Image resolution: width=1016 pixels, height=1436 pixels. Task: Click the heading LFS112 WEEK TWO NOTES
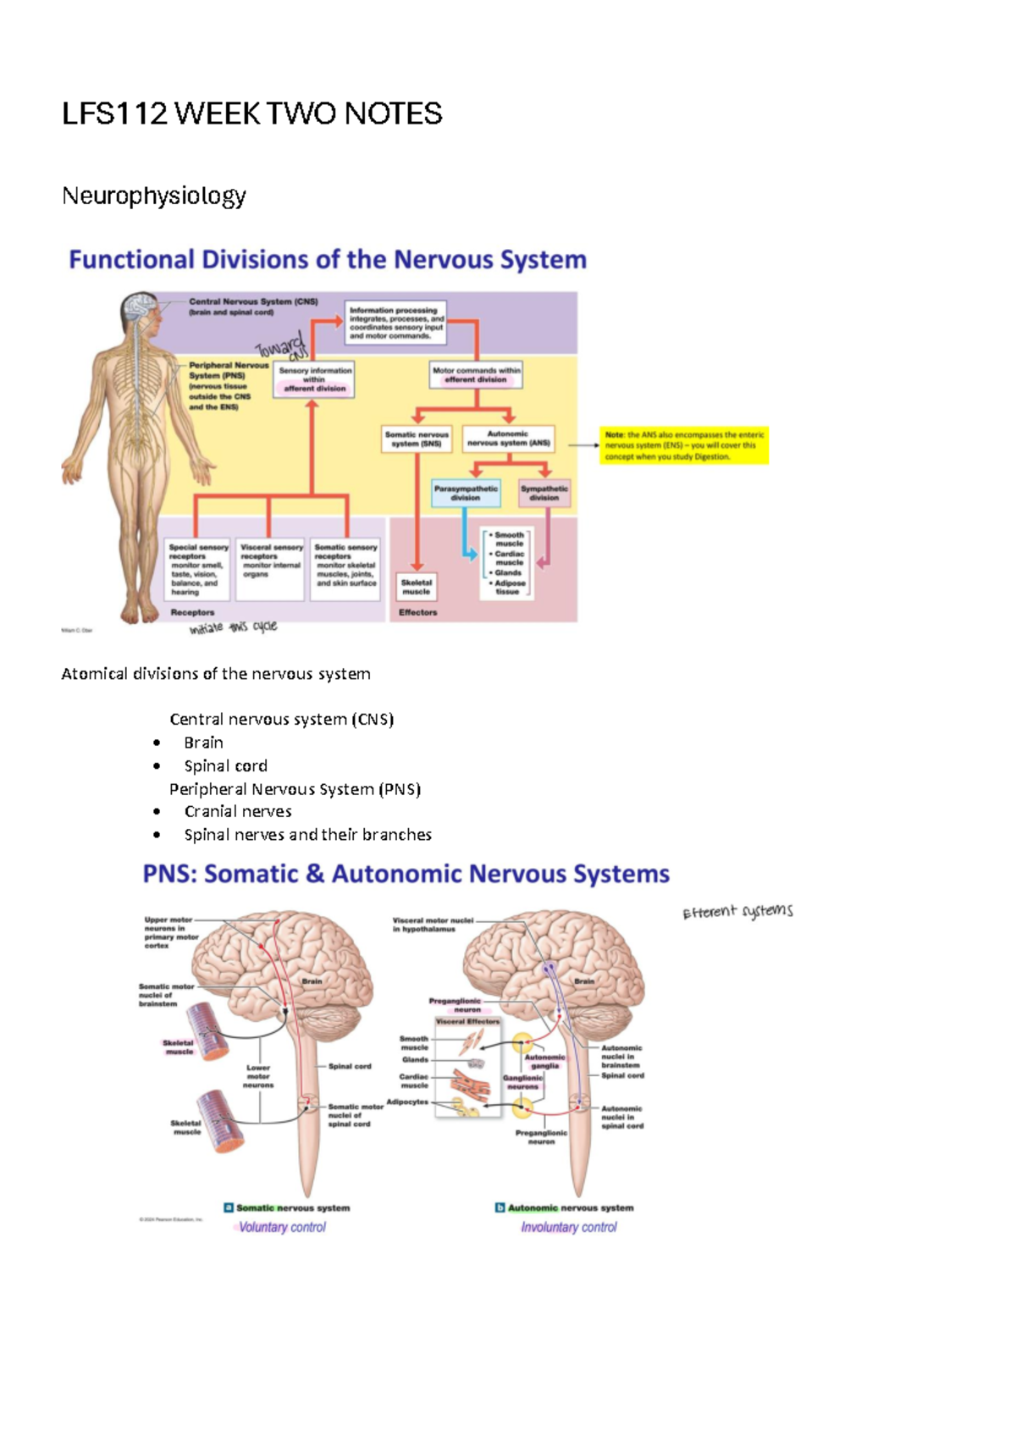pos(251,113)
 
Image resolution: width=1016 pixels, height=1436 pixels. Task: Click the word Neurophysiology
pos(153,196)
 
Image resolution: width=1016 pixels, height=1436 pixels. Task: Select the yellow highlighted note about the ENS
pos(683,445)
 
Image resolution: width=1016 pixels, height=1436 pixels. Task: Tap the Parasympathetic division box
pos(466,493)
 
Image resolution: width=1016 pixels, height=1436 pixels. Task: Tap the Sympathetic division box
pos(544,493)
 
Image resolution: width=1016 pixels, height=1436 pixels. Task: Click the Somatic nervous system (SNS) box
pos(417,439)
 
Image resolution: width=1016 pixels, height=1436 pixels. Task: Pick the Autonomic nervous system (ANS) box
pos(508,438)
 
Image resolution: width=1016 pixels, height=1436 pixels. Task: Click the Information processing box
pos(395,323)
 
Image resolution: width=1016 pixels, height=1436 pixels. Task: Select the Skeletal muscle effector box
pos(417,587)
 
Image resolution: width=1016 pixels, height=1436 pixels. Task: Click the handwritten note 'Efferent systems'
pos(737,911)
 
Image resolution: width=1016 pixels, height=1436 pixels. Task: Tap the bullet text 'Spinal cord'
pos(225,765)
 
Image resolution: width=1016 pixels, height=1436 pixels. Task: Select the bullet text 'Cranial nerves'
pos(237,811)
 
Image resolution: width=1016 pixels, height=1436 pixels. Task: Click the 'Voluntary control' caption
pos(282,1227)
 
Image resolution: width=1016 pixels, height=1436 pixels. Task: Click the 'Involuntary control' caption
pos(569,1227)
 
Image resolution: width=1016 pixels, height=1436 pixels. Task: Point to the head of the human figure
pos(141,314)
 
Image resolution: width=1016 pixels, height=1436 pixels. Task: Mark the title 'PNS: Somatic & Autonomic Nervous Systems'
pos(406,874)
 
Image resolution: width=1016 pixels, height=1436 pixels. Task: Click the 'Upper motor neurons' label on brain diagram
pos(170,932)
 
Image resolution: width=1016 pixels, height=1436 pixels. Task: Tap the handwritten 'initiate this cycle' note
pos(233,627)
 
